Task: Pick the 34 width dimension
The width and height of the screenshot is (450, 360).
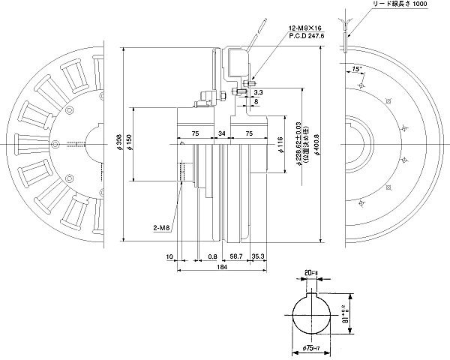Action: (x=221, y=132)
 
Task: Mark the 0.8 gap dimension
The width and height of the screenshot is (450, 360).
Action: (x=214, y=256)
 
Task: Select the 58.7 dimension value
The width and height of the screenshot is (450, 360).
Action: (x=235, y=256)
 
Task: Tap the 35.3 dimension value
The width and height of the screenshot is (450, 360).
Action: (x=258, y=256)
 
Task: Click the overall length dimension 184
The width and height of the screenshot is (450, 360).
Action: (x=222, y=267)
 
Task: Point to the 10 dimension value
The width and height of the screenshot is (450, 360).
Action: (x=169, y=256)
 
